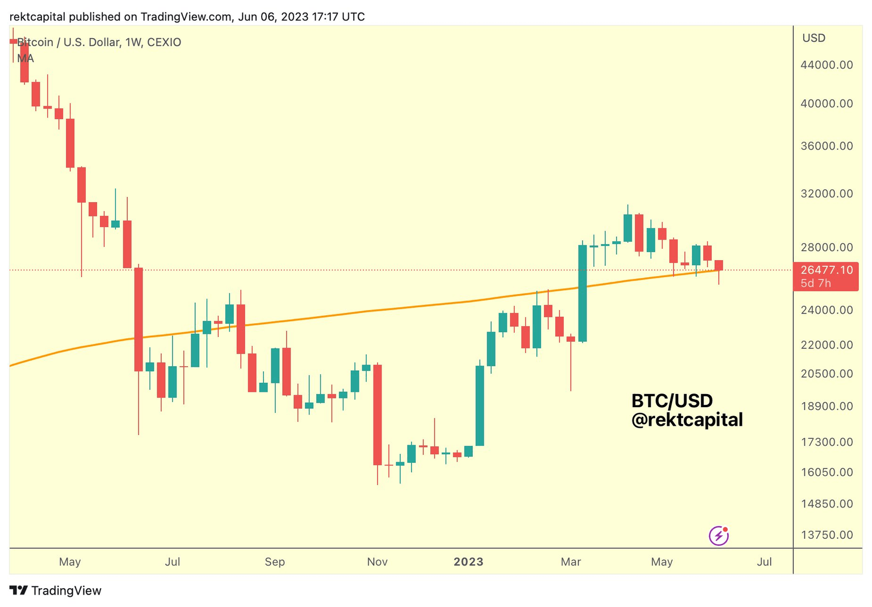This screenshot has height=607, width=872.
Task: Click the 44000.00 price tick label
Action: [x=826, y=65]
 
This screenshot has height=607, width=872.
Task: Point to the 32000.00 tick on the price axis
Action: [x=826, y=194]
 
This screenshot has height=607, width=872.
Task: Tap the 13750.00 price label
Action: [x=826, y=535]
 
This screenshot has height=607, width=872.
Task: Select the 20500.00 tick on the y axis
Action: [x=826, y=374]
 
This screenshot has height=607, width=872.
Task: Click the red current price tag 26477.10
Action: [x=826, y=270]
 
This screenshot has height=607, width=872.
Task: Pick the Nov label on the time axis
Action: [x=377, y=562]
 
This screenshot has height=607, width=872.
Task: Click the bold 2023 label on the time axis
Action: [x=468, y=562]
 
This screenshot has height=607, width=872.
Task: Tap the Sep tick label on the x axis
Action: [x=275, y=562]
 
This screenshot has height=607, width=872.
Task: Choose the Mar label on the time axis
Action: [x=571, y=562]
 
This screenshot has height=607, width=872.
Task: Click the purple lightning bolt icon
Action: [x=719, y=535]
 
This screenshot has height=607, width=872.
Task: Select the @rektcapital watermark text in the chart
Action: [x=687, y=420]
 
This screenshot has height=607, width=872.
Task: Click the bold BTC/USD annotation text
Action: [x=672, y=401]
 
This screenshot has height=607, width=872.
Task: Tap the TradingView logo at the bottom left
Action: [x=56, y=591]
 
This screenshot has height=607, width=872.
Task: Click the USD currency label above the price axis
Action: [x=814, y=38]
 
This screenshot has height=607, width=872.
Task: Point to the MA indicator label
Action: [x=26, y=58]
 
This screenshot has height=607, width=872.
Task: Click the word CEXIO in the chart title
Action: [x=164, y=42]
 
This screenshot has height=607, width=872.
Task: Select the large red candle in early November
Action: [x=377, y=415]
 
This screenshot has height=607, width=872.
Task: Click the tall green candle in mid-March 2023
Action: [x=582, y=293]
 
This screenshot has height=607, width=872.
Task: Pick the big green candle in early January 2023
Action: [x=480, y=405]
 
